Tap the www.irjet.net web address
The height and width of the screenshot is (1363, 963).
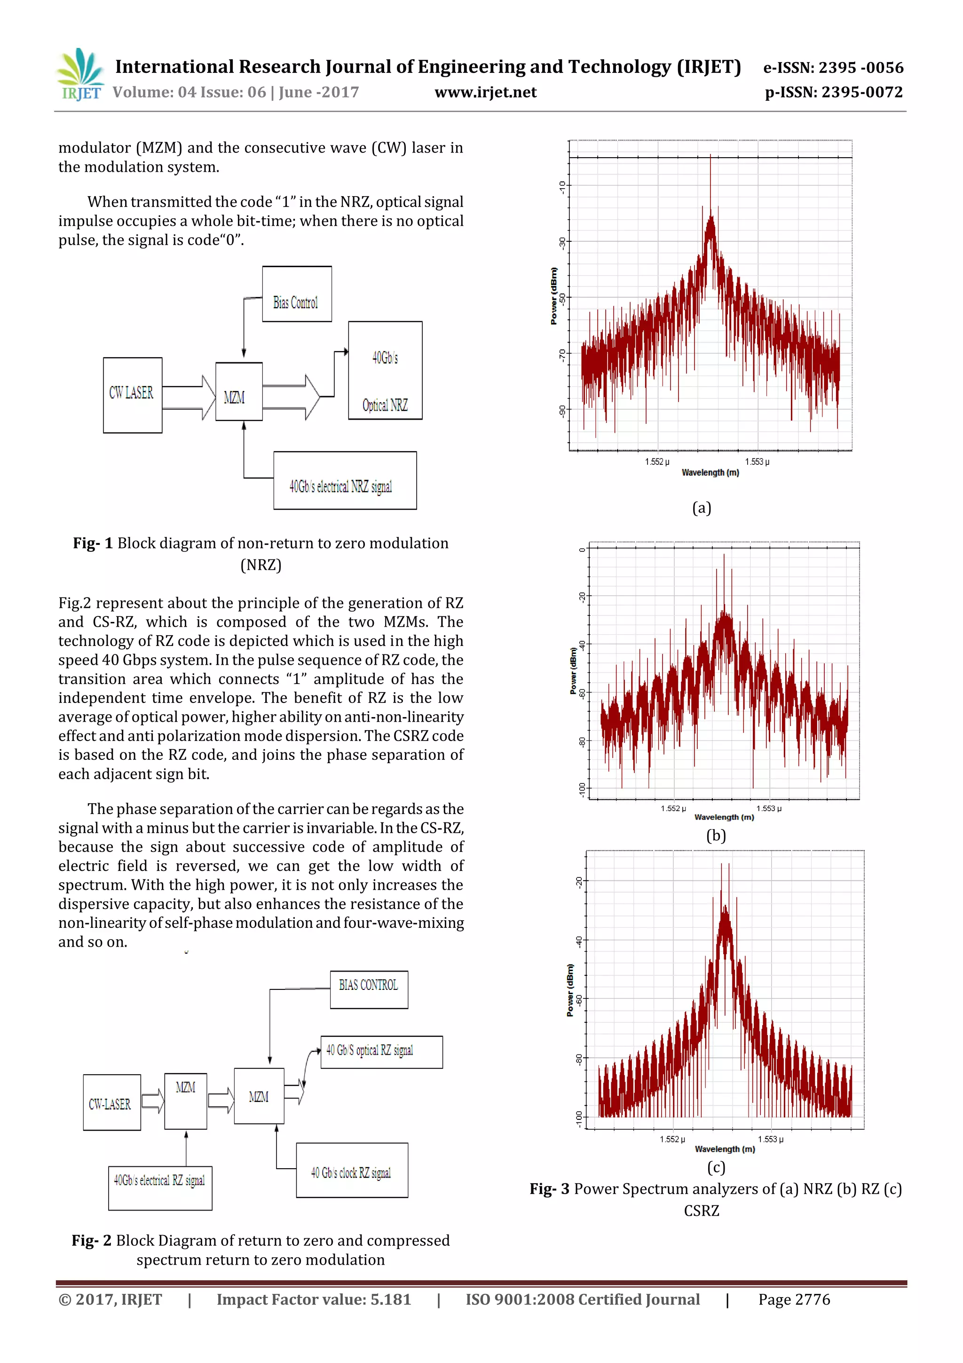(485, 93)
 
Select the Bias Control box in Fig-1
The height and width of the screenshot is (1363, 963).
(297, 295)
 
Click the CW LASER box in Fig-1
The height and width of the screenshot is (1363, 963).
(132, 395)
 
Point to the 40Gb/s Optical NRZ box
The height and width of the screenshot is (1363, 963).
(385, 370)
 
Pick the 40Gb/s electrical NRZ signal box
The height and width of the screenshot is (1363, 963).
(345, 480)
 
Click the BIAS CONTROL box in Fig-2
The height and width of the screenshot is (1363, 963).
(369, 989)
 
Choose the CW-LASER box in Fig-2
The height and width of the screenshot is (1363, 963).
(111, 1102)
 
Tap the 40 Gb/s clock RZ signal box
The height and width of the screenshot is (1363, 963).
(352, 1170)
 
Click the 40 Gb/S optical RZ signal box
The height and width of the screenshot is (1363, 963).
(381, 1052)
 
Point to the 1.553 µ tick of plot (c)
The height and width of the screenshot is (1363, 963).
(770, 1139)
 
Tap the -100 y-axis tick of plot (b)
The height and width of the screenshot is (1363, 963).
(582, 789)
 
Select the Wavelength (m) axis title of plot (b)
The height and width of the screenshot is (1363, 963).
(724, 817)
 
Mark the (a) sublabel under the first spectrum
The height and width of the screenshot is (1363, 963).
(702, 508)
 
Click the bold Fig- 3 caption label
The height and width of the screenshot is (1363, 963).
(549, 1189)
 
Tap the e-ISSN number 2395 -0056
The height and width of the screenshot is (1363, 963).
(861, 68)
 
